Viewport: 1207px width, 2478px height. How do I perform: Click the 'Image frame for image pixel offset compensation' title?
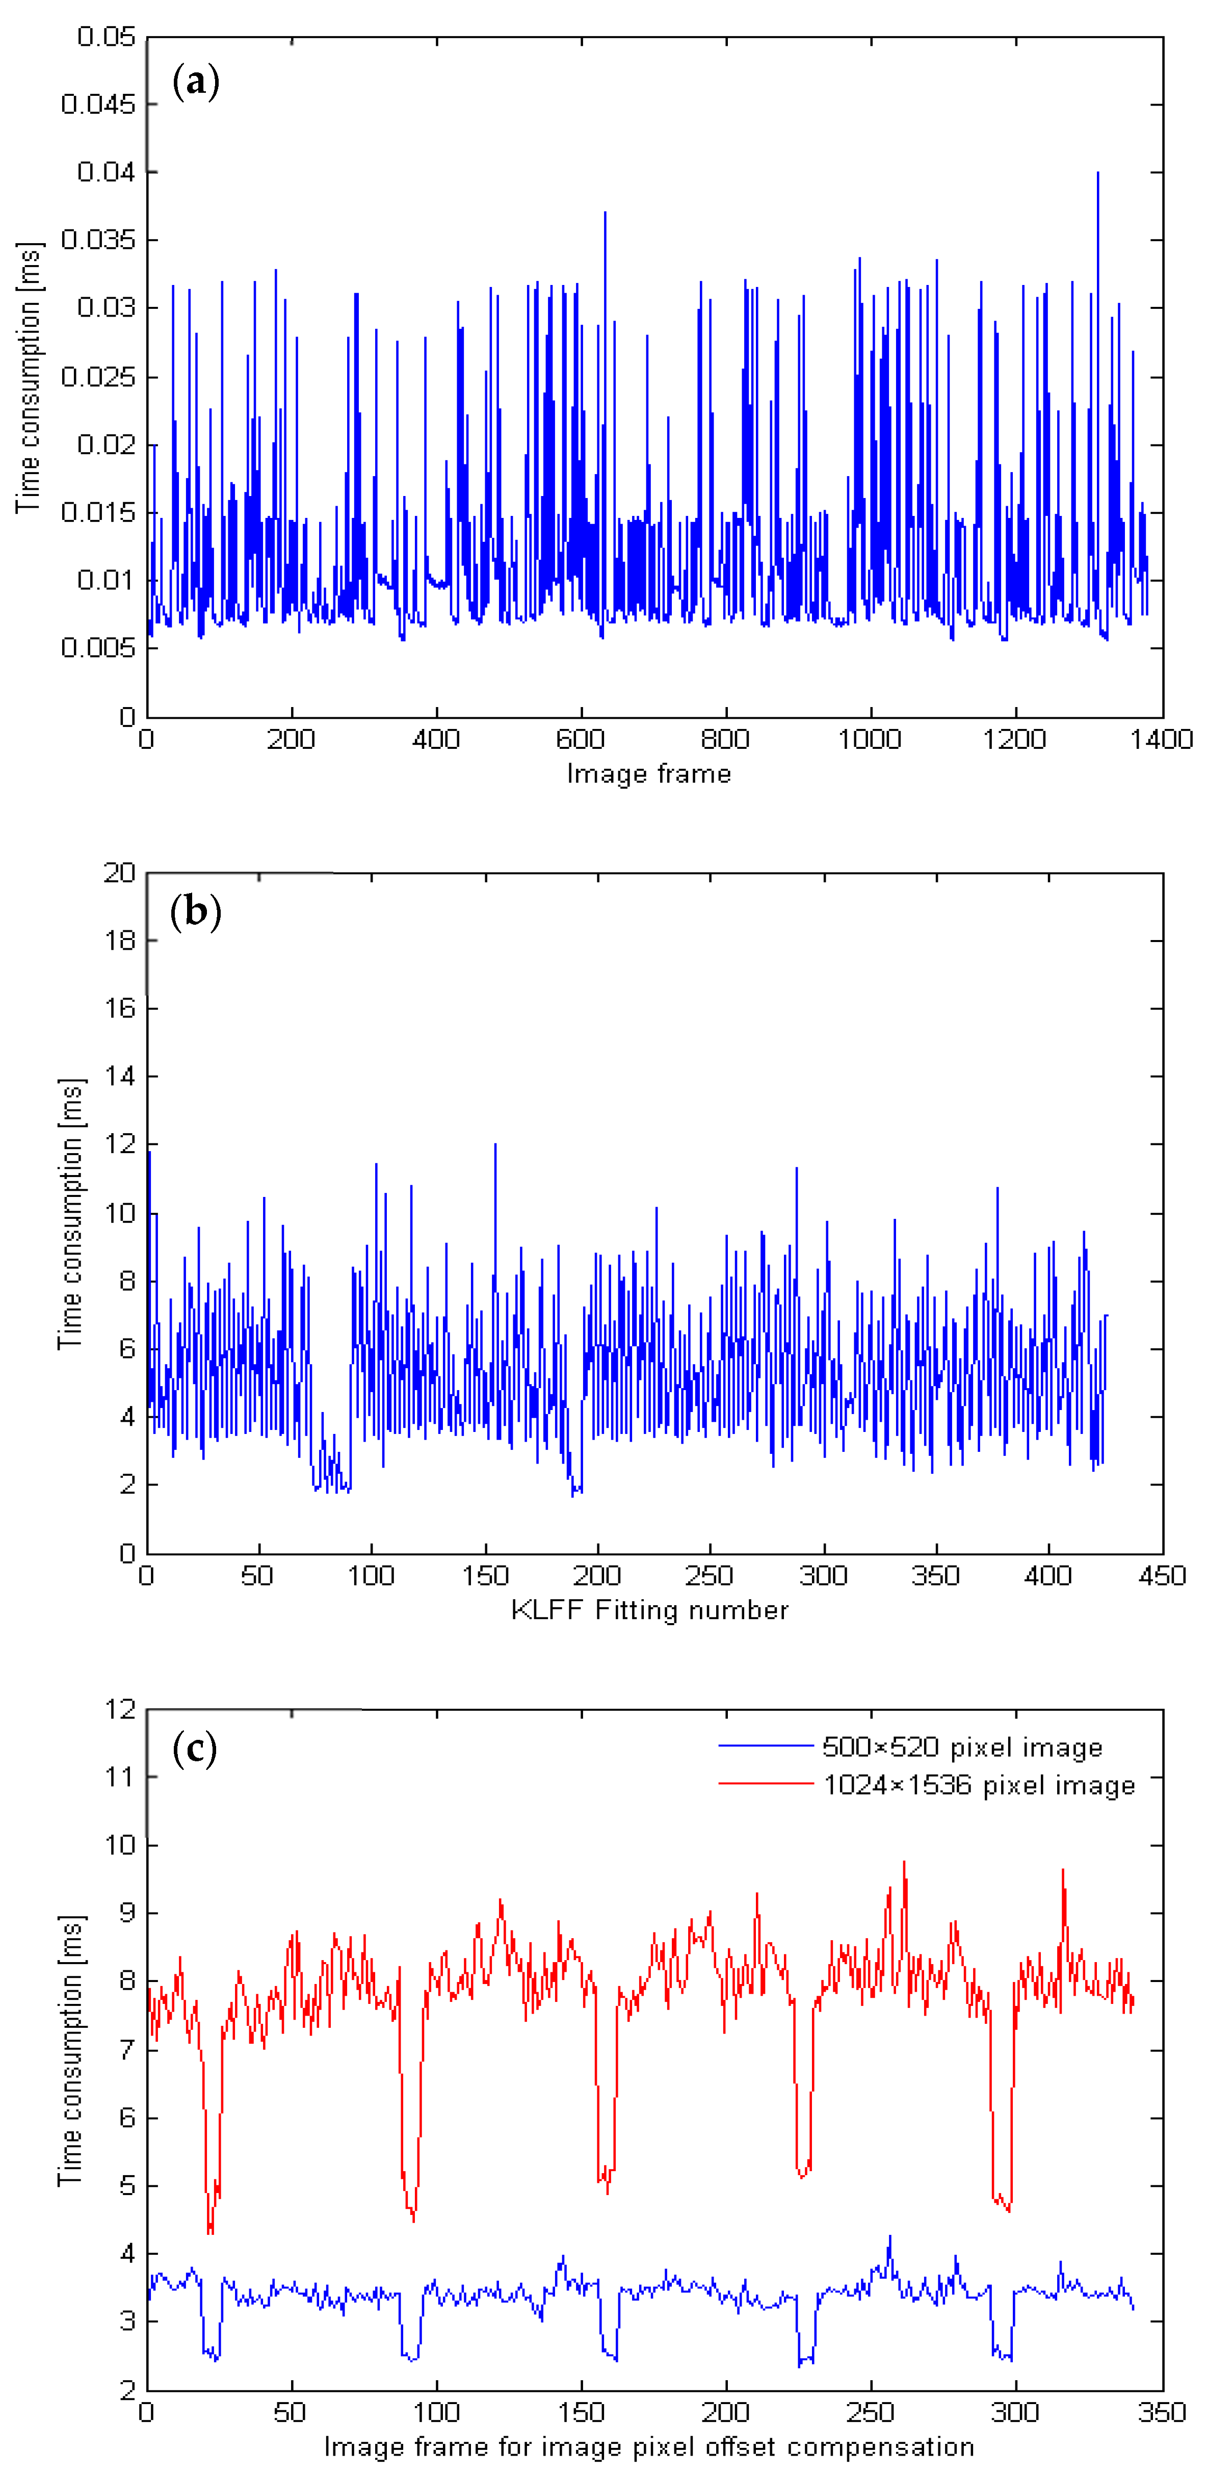(649, 2446)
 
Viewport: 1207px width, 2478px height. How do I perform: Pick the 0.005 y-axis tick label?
(97, 648)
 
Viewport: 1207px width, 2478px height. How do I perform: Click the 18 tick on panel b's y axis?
(120, 941)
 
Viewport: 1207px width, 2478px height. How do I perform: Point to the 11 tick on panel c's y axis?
(120, 1777)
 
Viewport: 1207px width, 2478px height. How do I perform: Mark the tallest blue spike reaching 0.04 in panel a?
(1097, 175)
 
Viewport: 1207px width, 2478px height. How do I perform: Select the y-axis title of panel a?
(29, 377)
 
